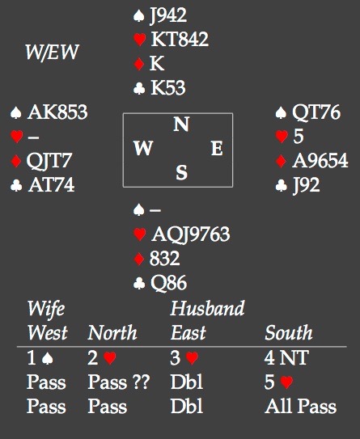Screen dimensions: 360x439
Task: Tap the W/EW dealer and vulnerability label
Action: (x=52, y=52)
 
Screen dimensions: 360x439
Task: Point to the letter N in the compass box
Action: (x=181, y=124)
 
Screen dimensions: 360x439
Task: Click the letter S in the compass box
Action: (x=181, y=172)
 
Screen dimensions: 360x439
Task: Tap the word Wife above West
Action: (x=46, y=309)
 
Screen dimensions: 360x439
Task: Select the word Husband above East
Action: (x=208, y=308)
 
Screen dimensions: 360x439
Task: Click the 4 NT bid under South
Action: (x=286, y=357)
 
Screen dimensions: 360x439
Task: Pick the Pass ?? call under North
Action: (x=119, y=382)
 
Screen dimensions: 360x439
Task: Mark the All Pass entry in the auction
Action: (x=301, y=406)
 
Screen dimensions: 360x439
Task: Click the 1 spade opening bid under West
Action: (x=40, y=358)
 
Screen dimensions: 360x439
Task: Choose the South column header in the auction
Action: (x=289, y=332)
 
